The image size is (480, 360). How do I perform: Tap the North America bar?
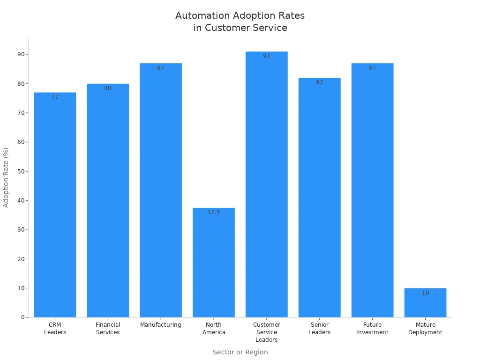coord(214,262)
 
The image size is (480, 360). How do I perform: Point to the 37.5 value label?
coord(214,212)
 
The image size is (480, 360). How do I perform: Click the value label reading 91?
coord(267,56)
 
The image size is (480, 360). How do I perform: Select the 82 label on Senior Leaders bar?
coord(320,82)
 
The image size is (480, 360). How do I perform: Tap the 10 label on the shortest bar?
coord(425,293)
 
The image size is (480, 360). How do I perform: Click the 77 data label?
coord(55,97)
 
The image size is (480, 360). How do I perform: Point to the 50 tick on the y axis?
coord(21,171)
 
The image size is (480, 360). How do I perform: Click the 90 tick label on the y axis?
coord(21,54)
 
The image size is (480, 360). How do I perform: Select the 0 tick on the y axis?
coord(22,317)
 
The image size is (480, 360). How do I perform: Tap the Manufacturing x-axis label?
coord(161,325)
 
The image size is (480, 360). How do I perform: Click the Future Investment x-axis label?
coord(372,329)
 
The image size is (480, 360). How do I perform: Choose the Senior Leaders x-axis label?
coord(320,329)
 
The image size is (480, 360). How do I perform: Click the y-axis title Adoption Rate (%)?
coord(6,177)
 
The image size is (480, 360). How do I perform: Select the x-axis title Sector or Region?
coord(240,352)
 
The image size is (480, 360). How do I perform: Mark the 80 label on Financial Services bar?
coord(108,88)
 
